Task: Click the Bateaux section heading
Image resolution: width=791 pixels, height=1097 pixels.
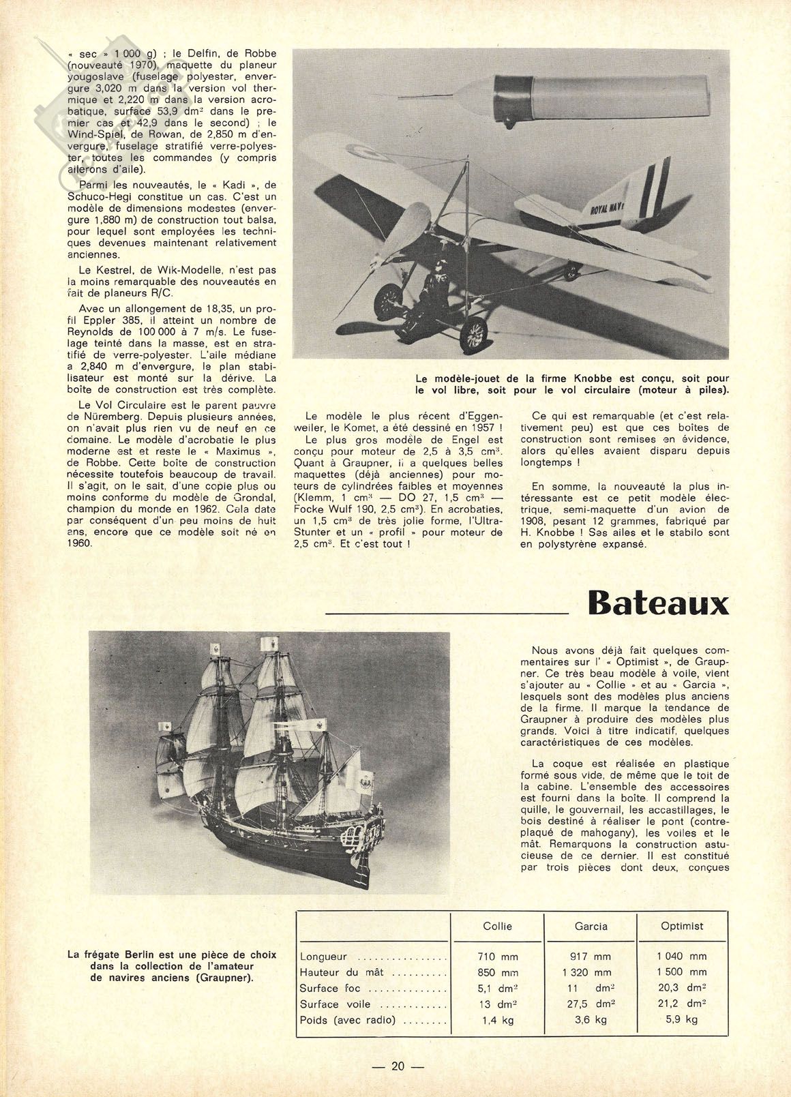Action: [657, 603]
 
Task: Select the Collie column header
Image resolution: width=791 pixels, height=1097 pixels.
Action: [497, 926]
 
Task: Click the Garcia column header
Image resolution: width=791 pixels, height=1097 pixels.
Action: [591, 926]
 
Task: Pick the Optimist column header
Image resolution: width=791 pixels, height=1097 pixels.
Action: [681, 926]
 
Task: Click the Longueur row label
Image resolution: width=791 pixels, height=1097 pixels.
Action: [323, 957]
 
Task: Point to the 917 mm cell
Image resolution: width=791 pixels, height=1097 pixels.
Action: [591, 957]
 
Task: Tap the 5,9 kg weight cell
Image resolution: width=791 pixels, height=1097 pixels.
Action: [683, 1020]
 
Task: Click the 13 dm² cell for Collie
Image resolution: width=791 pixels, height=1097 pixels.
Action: [497, 1004]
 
